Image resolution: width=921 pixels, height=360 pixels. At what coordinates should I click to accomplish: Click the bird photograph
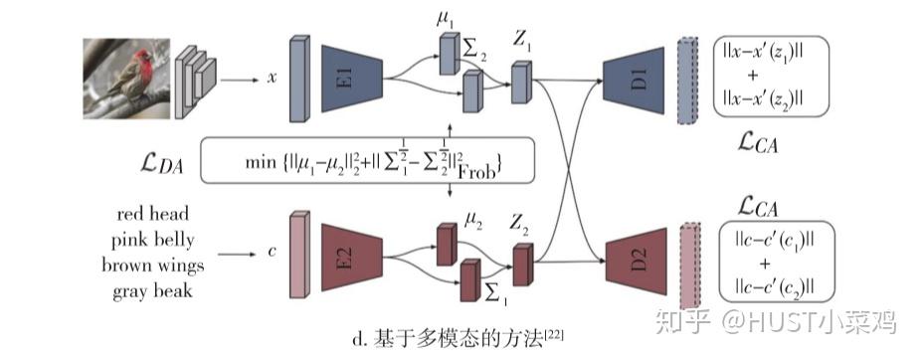point(124,79)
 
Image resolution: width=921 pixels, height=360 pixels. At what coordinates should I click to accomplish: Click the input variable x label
point(270,77)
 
